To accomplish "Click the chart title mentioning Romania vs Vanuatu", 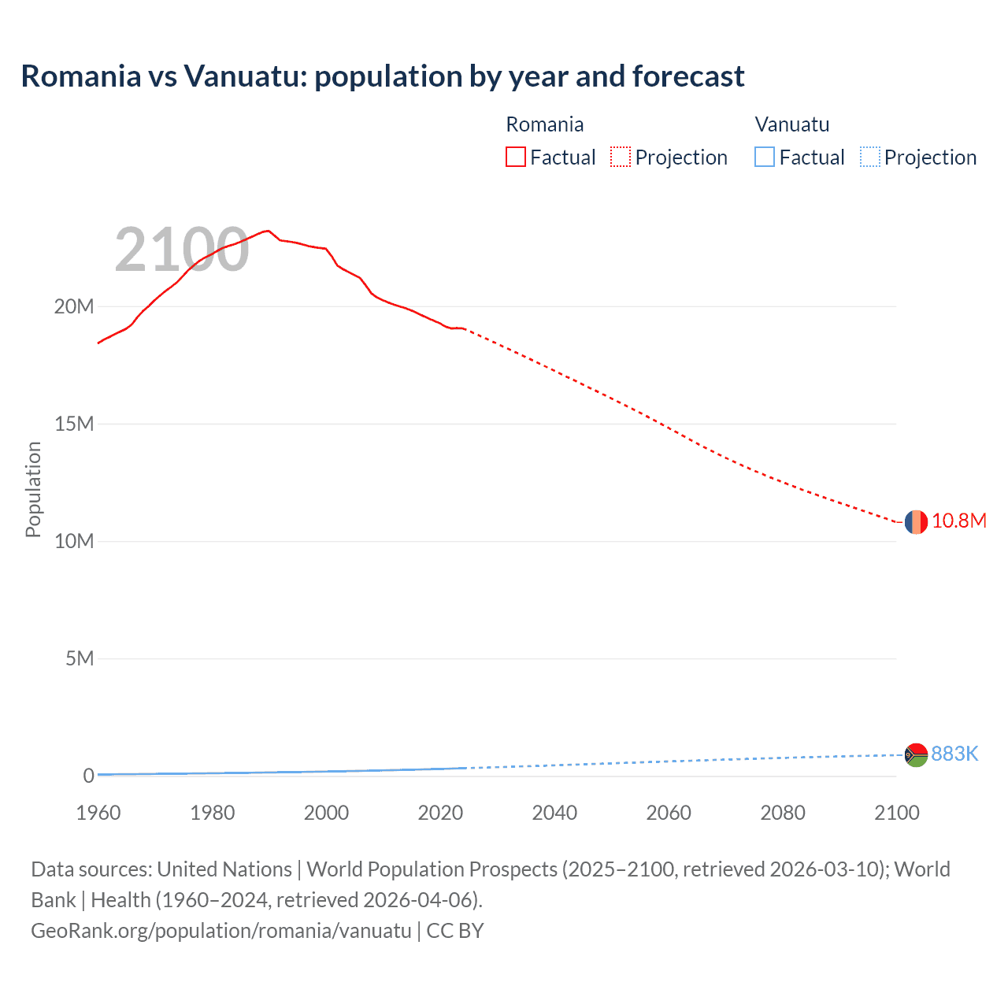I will click(383, 76).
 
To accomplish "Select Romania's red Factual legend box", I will click(515, 157).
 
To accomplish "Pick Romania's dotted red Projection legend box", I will click(621, 157).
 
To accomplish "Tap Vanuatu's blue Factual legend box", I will click(765, 157).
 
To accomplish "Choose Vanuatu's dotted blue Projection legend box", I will click(869, 157).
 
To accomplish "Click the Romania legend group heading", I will click(544, 124).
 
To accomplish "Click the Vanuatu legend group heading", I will click(791, 124).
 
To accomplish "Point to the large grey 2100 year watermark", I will click(182, 250).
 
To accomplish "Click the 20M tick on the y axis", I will click(74, 306).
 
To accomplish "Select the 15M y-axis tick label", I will click(74, 424).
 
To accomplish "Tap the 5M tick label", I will click(80, 658).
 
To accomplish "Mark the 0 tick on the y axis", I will click(88, 776).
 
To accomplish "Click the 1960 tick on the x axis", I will click(98, 813).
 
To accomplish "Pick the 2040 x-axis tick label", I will click(554, 813).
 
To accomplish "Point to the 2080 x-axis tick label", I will click(782, 813).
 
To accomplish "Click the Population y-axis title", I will click(33, 489).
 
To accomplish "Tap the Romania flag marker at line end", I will click(916, 521).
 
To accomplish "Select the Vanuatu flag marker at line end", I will click(916, 754).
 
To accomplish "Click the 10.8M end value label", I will click(958, 521).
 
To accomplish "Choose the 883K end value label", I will click(954, 754).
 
